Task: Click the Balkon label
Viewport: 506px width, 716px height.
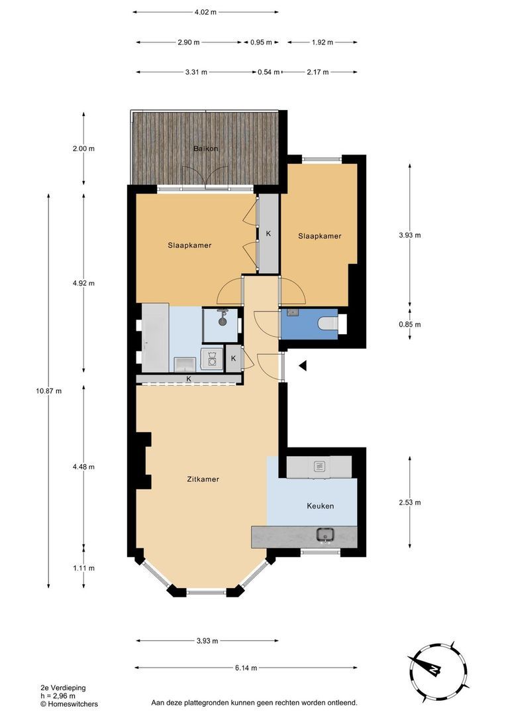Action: [205, 149]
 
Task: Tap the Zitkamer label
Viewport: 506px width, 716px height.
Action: [203, 479]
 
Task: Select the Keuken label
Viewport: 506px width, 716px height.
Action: [321, 506]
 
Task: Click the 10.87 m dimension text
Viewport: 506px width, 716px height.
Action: [49, 391]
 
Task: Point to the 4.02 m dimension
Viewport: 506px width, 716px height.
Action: [205, 13]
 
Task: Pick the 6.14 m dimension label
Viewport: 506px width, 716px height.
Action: [246, 668]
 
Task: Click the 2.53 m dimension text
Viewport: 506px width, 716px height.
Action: [410, 503]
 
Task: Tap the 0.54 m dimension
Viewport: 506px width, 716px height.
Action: [269, 72]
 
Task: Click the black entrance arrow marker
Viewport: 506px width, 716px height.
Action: [303, 365]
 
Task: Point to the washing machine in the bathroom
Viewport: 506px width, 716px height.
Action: [212, 359]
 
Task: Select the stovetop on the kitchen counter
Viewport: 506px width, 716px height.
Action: [319, 466]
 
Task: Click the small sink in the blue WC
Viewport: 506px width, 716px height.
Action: [293, 313]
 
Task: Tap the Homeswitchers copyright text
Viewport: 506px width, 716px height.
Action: [69, 704]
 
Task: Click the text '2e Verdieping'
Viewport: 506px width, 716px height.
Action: [63, 687]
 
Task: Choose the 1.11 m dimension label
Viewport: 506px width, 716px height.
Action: [83, 568]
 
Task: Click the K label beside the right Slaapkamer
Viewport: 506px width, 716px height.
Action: [268, 233]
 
